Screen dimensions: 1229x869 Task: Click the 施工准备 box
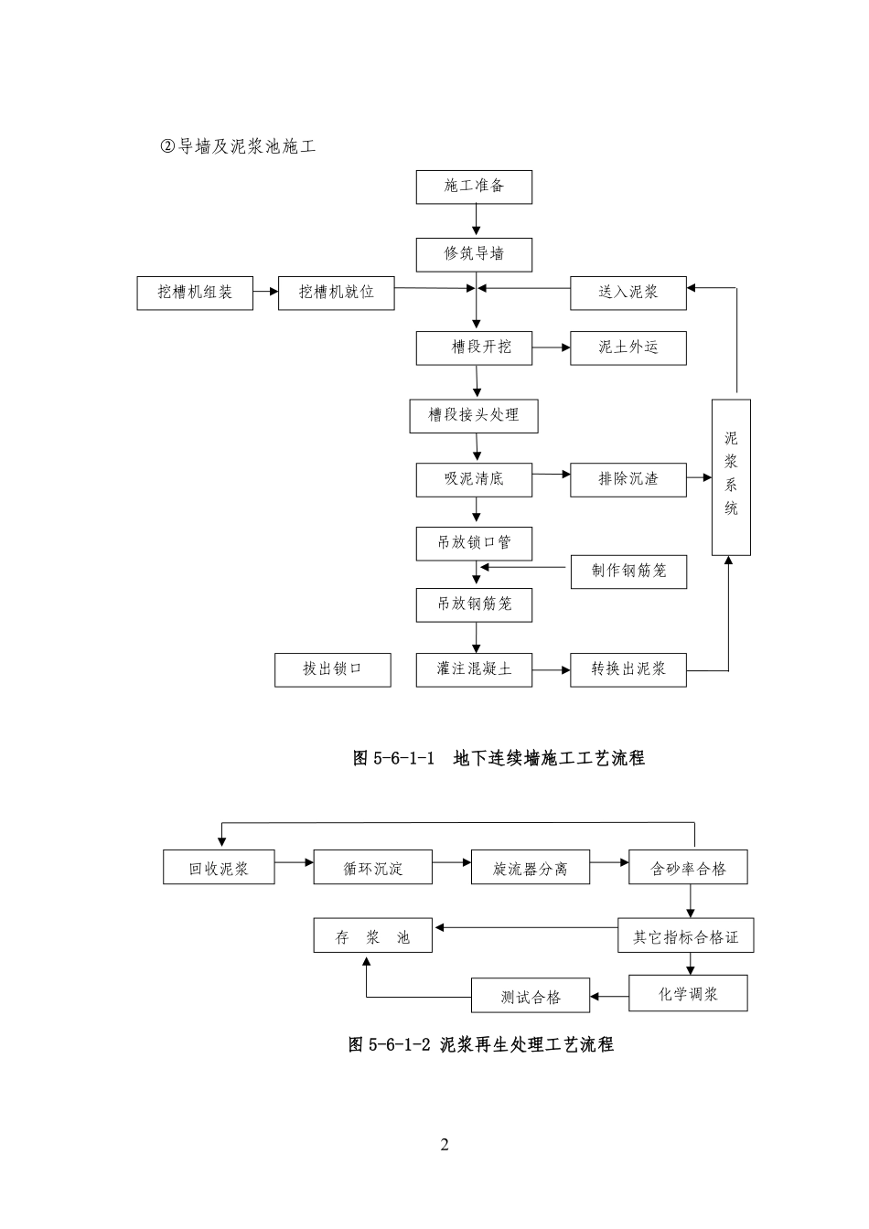474,187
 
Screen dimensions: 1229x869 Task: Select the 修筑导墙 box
474,254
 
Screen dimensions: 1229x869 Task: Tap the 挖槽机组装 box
195,293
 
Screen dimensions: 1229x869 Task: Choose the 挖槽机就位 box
337,293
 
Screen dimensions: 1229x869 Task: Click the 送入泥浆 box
628,293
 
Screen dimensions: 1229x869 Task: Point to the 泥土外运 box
628,347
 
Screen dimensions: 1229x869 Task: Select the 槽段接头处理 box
474,415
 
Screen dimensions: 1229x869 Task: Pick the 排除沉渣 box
628,478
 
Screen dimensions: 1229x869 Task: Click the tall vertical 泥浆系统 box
731,476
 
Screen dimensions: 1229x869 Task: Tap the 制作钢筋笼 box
628,572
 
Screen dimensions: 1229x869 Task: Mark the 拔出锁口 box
333,669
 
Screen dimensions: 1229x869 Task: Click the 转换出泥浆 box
628,669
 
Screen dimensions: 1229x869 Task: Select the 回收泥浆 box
219,867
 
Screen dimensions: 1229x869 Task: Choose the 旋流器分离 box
530,867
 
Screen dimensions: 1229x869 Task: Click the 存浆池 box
372,936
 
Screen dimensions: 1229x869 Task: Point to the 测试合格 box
531,996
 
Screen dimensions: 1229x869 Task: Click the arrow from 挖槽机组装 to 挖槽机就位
265,292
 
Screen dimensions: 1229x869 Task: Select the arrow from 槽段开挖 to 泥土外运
552,347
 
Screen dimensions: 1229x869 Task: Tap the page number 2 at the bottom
445,1145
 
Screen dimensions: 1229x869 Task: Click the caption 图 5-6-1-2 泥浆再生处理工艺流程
481,1044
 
